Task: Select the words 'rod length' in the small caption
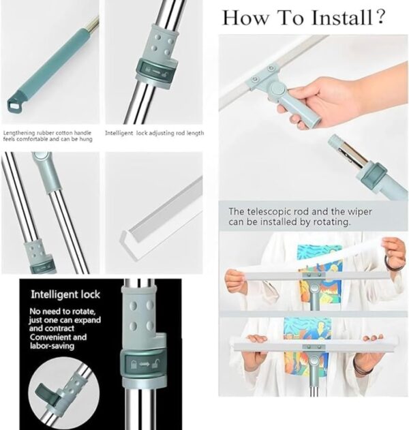188,134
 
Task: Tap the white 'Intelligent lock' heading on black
65,295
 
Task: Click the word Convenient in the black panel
53,337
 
